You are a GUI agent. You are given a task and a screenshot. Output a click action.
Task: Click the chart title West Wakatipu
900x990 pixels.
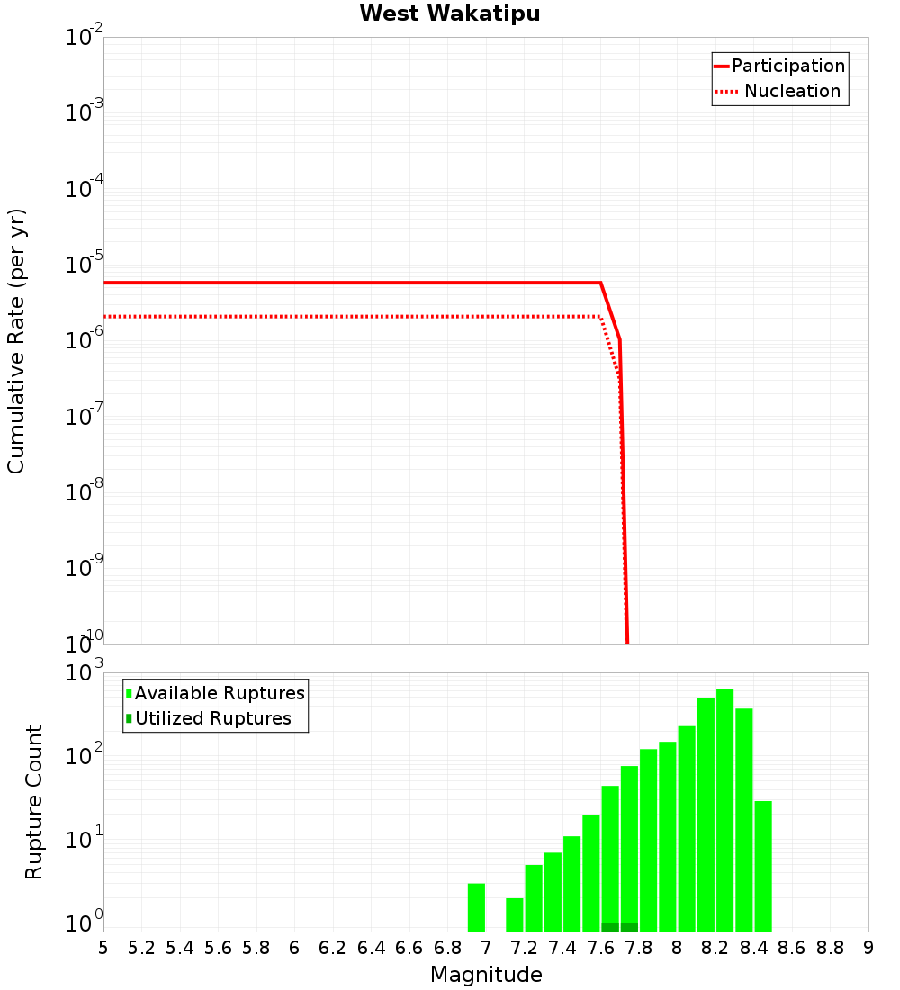click(x=450, y=14)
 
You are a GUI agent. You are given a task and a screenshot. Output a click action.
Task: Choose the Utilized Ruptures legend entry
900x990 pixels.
click(x=212, y=718)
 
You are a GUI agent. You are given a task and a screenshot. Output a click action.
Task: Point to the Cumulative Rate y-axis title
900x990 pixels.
click(x=16, y=340)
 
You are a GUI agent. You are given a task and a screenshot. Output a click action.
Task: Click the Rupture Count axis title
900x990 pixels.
click(x=34, y=802)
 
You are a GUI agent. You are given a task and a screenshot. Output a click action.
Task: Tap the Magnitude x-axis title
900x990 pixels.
click(x=486, y=975)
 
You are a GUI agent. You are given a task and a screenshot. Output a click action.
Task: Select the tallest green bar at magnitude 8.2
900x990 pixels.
click(x=724, y=810)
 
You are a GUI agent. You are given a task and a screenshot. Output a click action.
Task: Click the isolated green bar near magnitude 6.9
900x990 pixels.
click(x=476, y=907)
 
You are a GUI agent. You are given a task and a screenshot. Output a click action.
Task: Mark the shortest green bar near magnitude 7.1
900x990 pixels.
click(x=515, y=914)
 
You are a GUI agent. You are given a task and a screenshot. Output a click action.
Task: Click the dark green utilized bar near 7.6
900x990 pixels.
click(x=610, y=927)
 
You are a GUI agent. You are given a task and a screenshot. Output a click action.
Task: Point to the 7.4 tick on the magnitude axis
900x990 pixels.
click(x=562, y=948)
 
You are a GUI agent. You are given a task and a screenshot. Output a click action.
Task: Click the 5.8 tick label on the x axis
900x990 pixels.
click(x=256, y=948)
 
